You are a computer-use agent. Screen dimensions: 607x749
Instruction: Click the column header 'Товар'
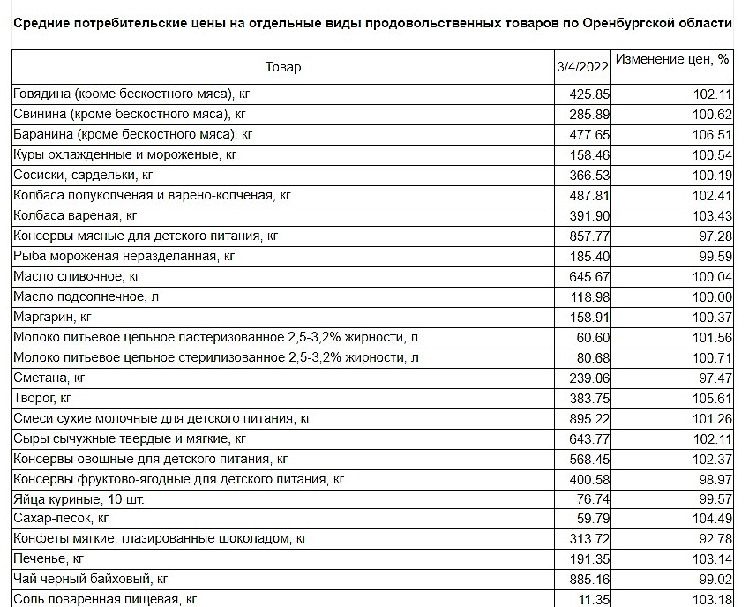click(282, 67)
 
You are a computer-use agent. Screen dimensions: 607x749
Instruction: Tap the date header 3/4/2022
click(582, 67)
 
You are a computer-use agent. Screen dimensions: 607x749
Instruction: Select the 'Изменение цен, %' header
click(672, 60)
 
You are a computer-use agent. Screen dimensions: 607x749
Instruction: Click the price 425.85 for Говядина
click(589, 94)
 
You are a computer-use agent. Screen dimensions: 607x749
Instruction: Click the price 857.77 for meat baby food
click(589, 236)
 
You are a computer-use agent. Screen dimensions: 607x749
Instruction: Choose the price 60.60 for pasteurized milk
click(593, 337)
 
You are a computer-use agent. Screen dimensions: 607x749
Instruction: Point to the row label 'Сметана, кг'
click(49, 378)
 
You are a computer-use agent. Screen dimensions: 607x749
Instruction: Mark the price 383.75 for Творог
click(589, 398)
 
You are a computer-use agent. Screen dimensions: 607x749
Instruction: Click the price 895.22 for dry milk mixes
click(589, 418)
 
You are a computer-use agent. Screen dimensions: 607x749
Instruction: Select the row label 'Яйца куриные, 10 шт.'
click(79, 498)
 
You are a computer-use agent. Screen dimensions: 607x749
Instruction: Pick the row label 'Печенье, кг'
click(49, 558)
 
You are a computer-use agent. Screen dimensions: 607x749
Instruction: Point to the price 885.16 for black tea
click(589, 579)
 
